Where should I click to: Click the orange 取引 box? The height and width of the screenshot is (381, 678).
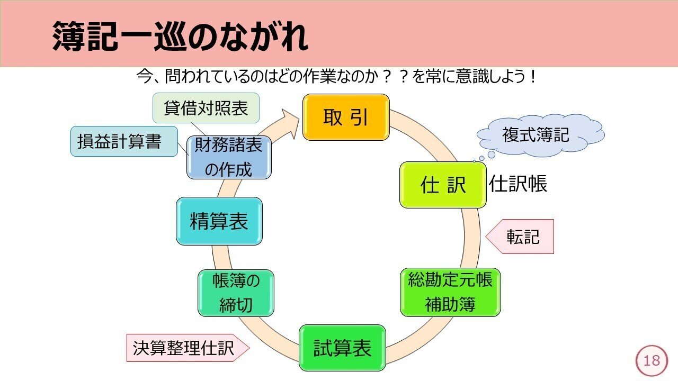pyautogui.click(x=346, y=117)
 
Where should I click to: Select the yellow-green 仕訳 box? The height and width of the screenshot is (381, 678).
pyautogui.click(x=443, y=185)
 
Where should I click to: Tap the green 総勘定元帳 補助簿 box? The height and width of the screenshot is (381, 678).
pyautogui.click(x=450, y=292)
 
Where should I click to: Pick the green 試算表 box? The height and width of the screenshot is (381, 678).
pyautogui.click(x=342, y=348)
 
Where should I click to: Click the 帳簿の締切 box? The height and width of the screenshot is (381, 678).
pyautogui.click(x=236, y=293)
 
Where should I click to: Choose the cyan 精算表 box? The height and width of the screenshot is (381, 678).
pyautogui.click(x=219, y=221)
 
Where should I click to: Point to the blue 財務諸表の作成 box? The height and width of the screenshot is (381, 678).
pyautogui.click(x=229, y=158)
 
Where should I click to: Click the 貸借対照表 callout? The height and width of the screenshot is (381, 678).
pyautogui.click(x=206, y=108)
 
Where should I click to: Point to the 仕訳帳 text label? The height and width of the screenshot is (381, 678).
pyautogui.click(x=518, y=184)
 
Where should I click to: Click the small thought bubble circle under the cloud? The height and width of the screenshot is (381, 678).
pyautogui.click(x=491, y=155)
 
